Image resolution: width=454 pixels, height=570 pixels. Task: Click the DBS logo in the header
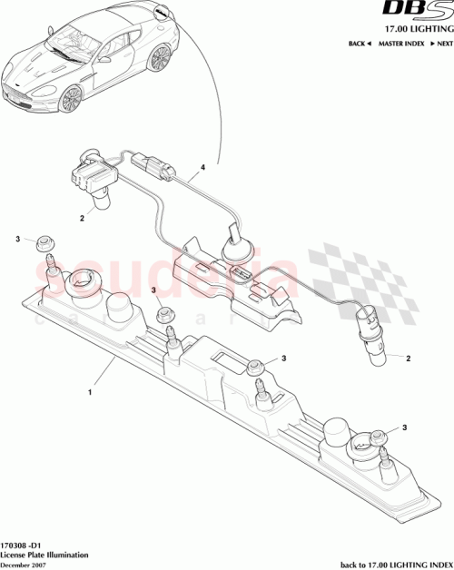pos(422,11)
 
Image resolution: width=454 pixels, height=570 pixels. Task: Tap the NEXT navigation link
pos(440,44)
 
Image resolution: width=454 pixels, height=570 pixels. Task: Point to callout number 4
pos(202,168)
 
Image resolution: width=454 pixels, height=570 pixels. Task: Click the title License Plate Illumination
pos(43,553)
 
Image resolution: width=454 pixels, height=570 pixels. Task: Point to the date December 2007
pos(26,564)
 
